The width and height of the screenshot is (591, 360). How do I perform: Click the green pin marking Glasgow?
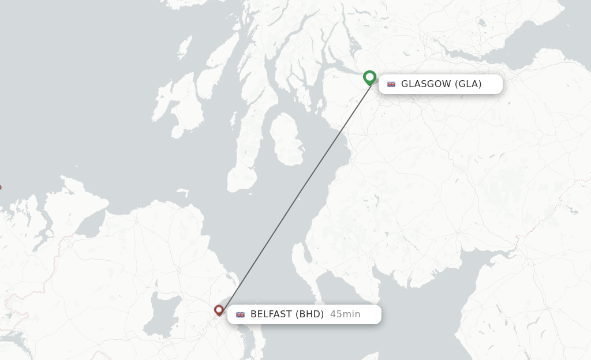point(370,77)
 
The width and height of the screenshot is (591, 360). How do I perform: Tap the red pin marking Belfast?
point(219,310)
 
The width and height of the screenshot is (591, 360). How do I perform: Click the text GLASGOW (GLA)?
point(441,84)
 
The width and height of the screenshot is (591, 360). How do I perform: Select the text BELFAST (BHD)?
point(287,314)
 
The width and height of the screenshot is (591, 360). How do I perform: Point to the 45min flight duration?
point(345,314)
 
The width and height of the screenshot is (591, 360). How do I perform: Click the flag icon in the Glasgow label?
point(391,84)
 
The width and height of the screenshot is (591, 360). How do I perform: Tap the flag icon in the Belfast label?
point(241,314)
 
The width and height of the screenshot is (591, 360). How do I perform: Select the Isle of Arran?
point(287,138)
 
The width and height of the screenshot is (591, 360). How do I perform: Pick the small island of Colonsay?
point(185,46)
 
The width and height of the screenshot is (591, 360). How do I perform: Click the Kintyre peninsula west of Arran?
point(245,150)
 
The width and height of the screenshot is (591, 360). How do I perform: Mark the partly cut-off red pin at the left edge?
point(1,187)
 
